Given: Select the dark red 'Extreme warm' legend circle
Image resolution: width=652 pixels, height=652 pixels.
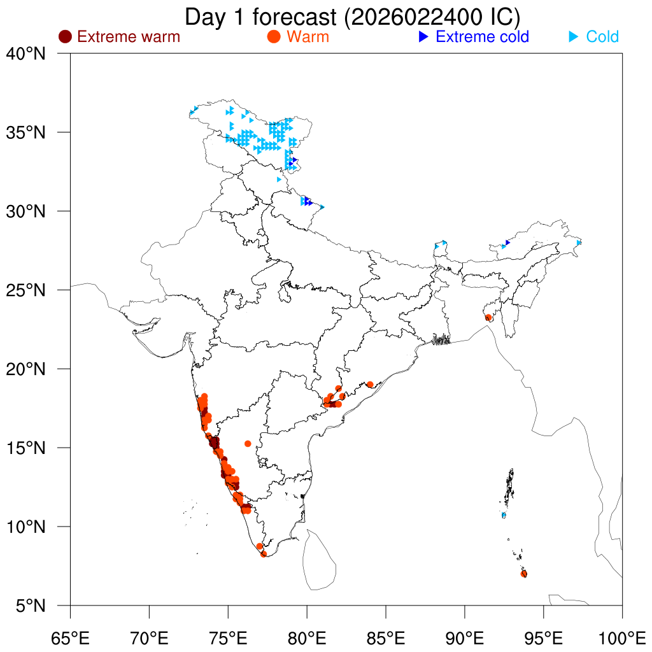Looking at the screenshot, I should click(65, 37).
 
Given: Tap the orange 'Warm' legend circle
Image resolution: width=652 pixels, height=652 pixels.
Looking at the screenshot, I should click(274, 37).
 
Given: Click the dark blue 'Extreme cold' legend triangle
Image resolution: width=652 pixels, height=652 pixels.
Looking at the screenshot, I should click(423, 37).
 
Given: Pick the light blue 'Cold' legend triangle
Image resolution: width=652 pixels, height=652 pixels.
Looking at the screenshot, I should click(574, 37).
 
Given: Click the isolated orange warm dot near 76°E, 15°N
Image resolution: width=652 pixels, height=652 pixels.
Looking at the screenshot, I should click(248, 443).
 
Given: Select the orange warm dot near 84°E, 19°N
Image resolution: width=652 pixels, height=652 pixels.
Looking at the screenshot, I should click(370, 385).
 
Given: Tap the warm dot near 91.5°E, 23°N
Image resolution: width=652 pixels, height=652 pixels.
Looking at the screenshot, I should click(488, 317).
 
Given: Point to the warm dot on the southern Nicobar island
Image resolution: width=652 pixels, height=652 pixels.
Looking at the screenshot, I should click(523, 574).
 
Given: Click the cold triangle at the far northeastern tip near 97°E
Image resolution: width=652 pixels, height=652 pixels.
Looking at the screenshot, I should click(579, 243).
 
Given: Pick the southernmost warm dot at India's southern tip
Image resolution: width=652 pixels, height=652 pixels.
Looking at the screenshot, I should click(264, 554).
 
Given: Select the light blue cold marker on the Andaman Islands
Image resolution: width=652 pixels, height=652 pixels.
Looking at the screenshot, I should click(504, 514).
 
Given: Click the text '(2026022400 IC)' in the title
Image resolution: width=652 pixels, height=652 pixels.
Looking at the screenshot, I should click(432, 17).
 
